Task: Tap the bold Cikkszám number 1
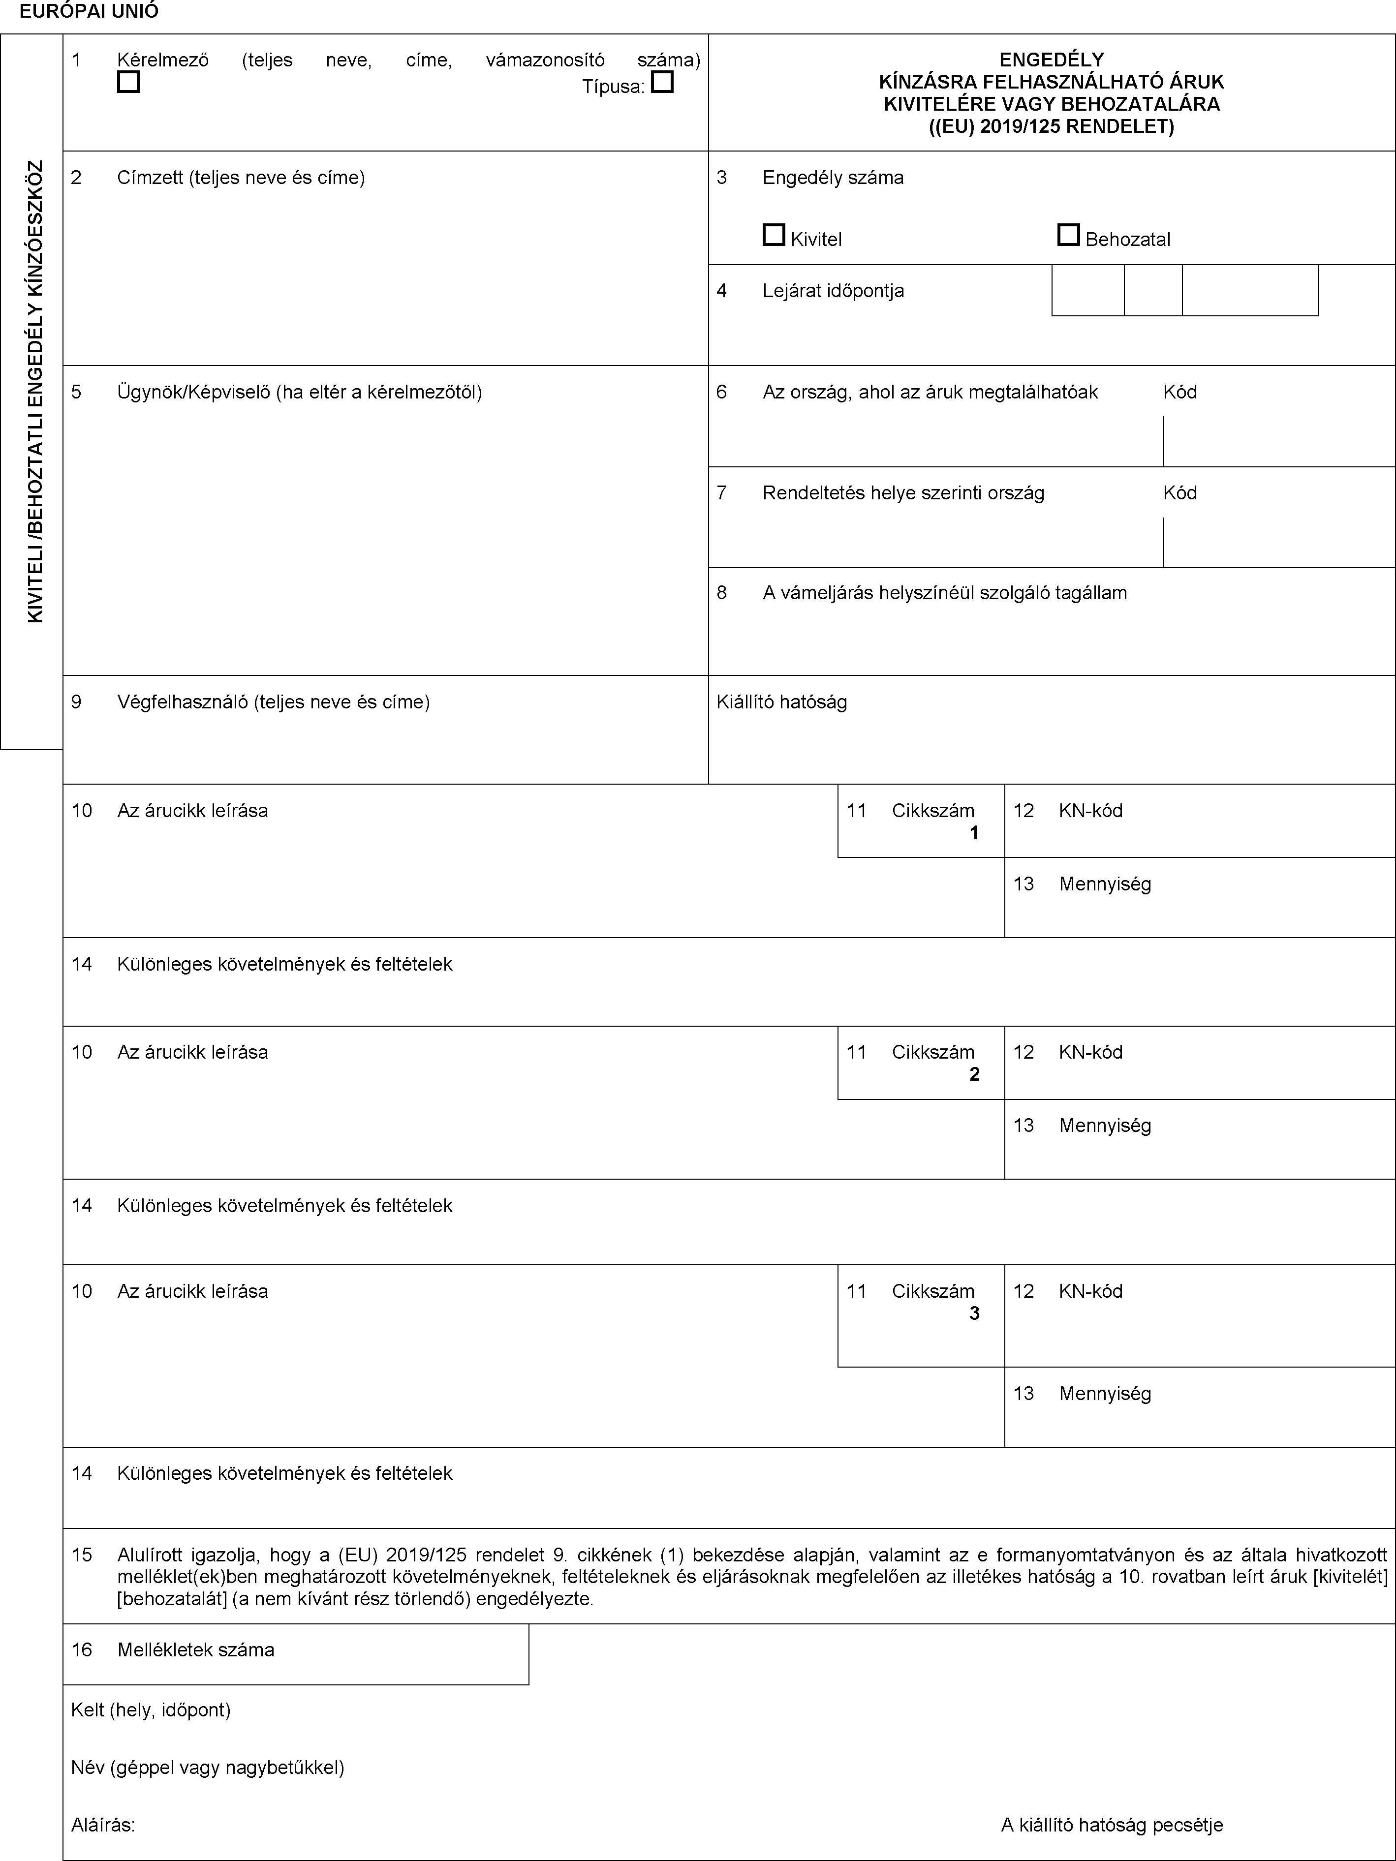click(974, 833)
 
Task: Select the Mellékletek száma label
click(195, 1650)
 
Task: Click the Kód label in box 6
click(1180, 392)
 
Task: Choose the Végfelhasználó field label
click(274, 702)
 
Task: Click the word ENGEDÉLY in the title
click(1051, 60)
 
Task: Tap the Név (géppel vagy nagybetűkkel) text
click(207, 1767)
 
